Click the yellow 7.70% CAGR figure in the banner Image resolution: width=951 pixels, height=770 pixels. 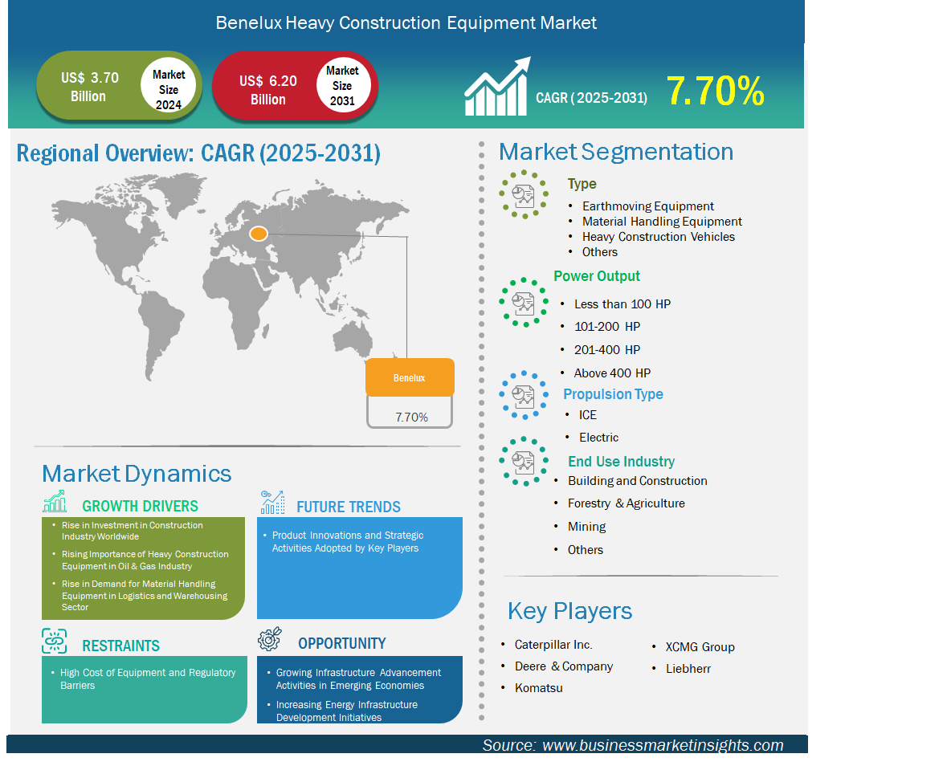click(x=715, y=91)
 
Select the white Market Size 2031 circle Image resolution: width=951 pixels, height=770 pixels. click(x=343, y=85)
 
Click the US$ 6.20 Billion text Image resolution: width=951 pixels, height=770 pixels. click(x=268, y=90)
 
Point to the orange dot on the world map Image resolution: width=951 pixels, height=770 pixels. click(x=259, y=234)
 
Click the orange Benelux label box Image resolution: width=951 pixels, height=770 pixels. click(x=410, y=377)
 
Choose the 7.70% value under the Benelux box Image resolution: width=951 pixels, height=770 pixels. click(x=411, y=418)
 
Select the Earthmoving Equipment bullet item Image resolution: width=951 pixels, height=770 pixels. click(x=647, y=206)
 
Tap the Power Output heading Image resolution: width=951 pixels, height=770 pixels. click(x=596, y=276)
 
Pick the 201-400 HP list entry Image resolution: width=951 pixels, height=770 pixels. click(x=607, y=350)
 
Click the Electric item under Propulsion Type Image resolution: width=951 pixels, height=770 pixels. click(x=598, y=437)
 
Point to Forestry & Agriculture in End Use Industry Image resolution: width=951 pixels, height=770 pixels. click(x=626, y=503)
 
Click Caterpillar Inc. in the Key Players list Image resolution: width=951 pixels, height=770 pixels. click(x=553, y=645)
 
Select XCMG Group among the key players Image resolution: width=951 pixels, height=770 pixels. click(x=700, y=647)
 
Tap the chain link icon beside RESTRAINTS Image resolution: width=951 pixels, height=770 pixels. click(x=55, y=641)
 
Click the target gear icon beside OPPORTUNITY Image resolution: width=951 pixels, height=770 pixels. click(x=270, y=639)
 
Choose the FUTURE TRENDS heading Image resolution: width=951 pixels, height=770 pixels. click(x=348, y=507)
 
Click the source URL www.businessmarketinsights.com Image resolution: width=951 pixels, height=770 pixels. click(x=663, y=745)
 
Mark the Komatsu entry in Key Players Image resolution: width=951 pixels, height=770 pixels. click(x=539, y=688)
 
